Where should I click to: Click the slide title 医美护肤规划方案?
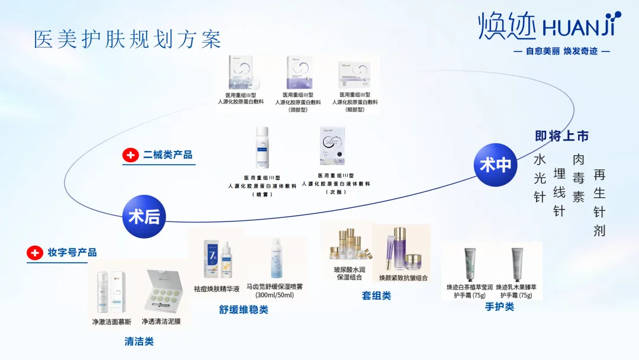click(128, 39)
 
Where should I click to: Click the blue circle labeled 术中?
click(496, 165)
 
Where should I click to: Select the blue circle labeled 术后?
click(144, 216)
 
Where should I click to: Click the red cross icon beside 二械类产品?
click(130, 155)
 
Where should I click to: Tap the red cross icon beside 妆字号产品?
click(35, 253)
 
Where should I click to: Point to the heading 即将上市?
click(561, 136)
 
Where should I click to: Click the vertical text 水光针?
click(540, 178)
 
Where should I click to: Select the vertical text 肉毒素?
click(578, 178)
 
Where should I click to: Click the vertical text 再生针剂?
click(599, 202)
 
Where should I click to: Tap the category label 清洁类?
click(139, 341)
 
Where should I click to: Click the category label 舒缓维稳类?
click(244, 309)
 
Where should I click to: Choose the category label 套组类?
click(376, 295)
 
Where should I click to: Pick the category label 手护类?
click(499, 306)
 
